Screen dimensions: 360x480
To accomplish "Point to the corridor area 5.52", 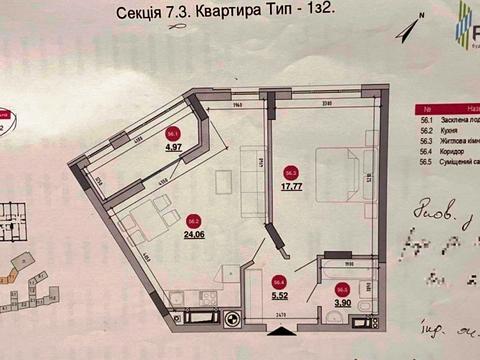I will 281,297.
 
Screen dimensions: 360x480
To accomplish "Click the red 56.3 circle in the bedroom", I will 291,171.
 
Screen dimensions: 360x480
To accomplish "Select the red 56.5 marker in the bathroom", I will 343,290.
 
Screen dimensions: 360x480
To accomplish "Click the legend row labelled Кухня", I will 450,131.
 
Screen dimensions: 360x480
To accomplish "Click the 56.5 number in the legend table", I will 425,161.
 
